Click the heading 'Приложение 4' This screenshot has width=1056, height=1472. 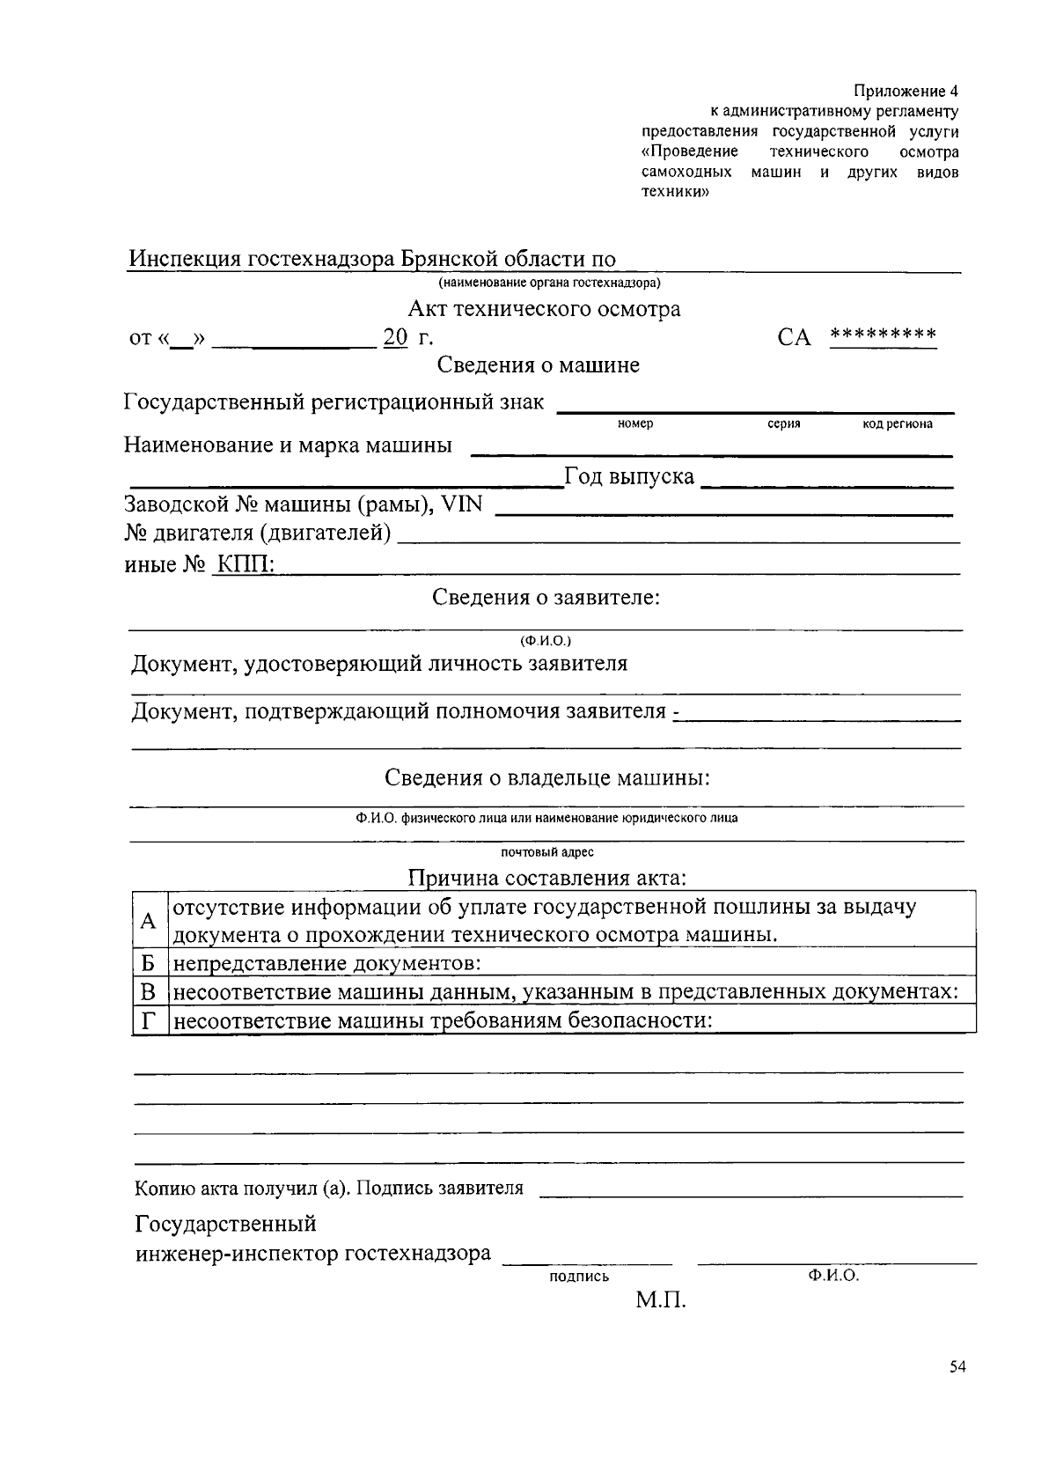[x=906, y=92]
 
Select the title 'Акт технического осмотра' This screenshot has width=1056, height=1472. [x=544, y=309]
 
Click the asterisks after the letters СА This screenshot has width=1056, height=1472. [x=883, y=335]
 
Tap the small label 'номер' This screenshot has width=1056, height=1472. [x=635, y=424]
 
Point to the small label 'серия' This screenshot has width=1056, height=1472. [x=783, y=424]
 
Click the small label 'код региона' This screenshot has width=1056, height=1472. [x=898, y=424]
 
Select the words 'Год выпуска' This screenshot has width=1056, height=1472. [x=628, y=477]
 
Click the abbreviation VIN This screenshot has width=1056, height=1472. [x=461, y=504]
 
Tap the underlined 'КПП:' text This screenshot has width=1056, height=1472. [x=246, y=564]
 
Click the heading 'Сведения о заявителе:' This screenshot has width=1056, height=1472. [x=546, y=598]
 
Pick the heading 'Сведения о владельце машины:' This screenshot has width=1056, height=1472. [x=546, y=778]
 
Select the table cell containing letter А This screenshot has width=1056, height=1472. [x=149, y=920]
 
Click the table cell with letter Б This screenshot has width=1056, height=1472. [x=149, y=962]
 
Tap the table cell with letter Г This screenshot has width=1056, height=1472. [x=149, y=1020]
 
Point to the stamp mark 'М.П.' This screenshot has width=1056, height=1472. [x=660, y=1300]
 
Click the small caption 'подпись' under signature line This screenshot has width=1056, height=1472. [x=578, y=1277]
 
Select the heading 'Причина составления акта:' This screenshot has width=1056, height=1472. [x=546, y=879]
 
